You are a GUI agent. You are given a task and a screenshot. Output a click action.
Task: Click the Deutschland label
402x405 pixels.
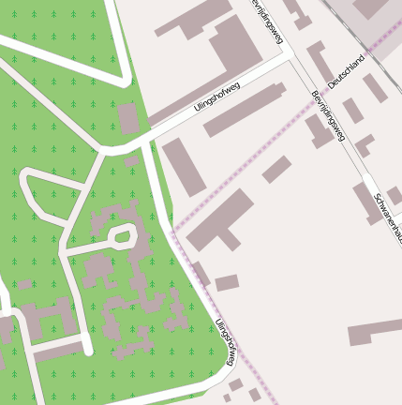[x=346, y=72]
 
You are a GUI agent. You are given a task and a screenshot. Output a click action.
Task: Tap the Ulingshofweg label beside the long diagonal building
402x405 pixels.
[x=217, y=97]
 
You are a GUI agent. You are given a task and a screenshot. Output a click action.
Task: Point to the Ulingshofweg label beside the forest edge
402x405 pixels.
[x=226, y=342]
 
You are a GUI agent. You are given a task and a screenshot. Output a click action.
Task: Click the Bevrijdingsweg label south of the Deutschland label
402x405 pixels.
[x=328, y=116]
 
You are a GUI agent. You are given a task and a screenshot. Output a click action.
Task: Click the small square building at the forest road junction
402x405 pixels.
[x=128, y=119]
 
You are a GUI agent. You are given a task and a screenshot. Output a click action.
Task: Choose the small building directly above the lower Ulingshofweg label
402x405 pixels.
[x=227, y=282]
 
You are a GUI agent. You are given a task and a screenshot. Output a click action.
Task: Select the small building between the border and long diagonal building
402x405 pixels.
[x=276, y=170]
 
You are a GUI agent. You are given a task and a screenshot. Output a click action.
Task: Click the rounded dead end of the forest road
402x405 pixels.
[x=86, y=350]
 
